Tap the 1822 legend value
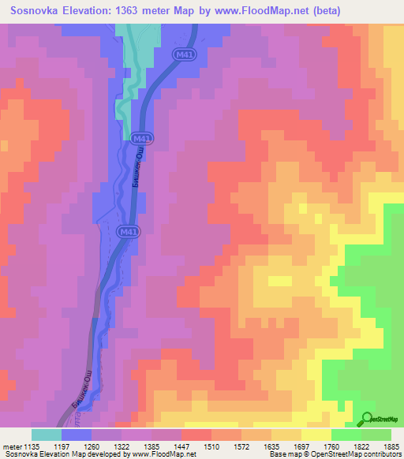pos(353,446)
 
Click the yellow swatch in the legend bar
pos(316,435)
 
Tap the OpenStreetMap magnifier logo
pos(368,419)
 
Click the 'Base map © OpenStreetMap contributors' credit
pos(333,454)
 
